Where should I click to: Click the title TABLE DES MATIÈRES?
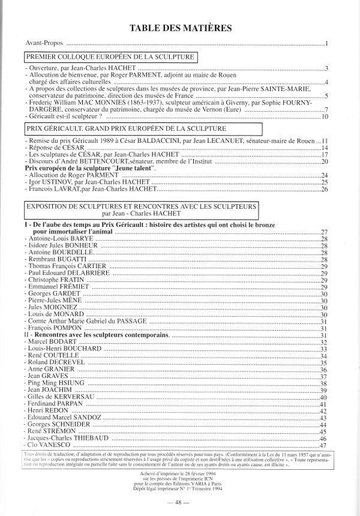click(179, 28)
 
